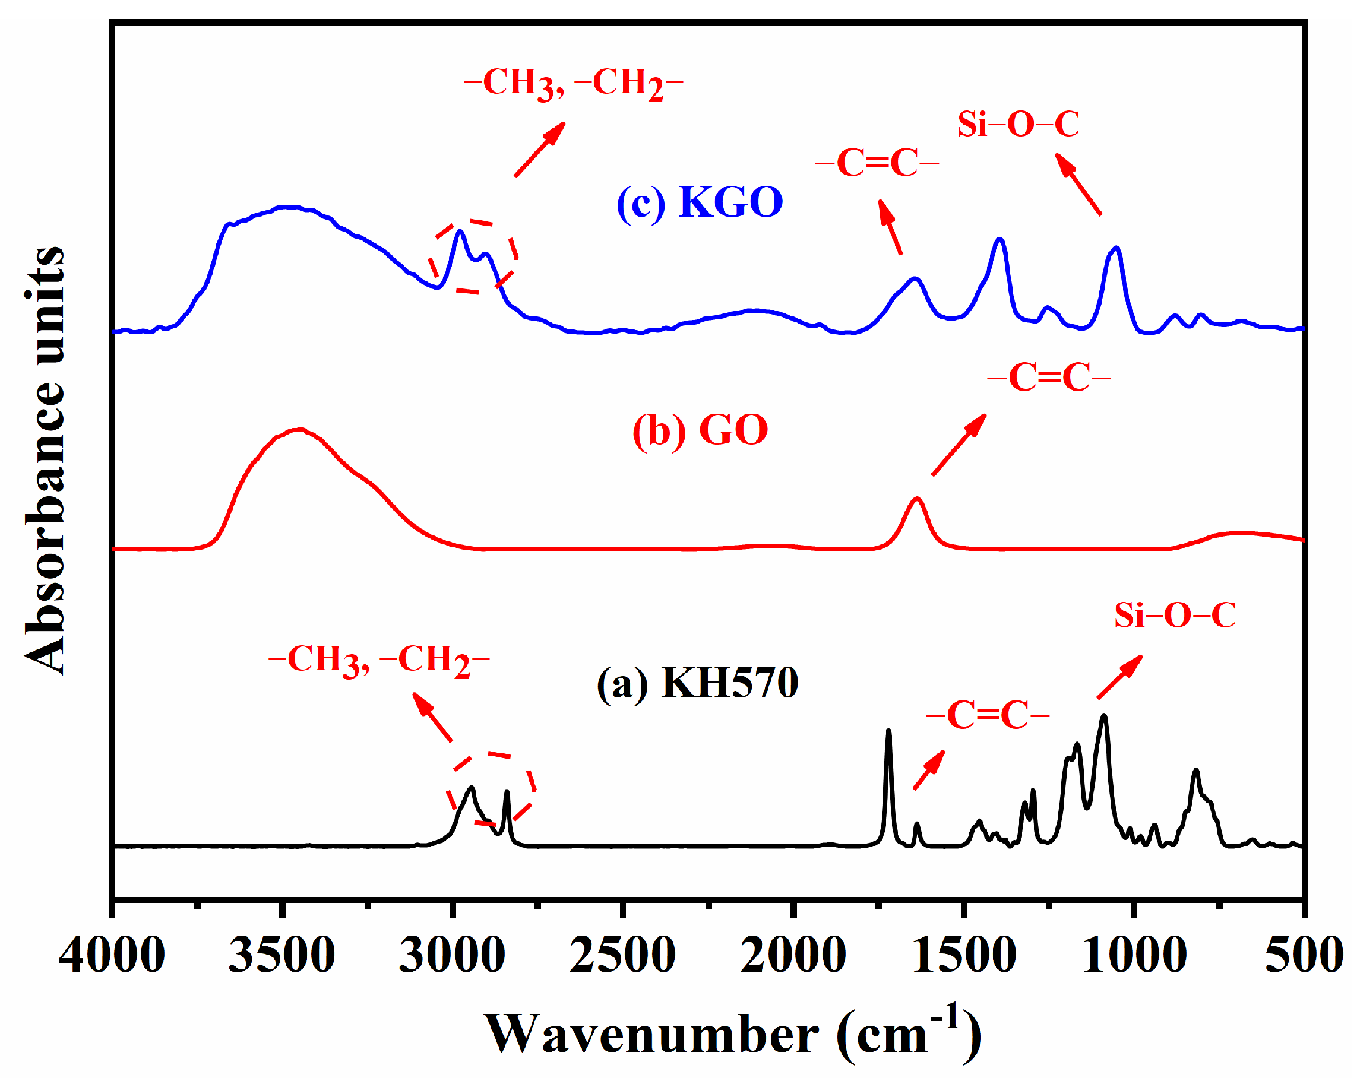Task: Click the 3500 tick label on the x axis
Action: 281,955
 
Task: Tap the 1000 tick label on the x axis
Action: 1134,955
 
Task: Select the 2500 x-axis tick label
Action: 622,955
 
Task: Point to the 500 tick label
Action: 1303,955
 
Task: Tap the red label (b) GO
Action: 700,430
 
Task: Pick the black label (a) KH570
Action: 697,683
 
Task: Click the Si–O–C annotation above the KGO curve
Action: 1018,123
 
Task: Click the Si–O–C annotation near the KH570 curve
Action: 1175,615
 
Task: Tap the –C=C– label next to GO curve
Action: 1049,378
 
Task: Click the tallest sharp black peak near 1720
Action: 888,732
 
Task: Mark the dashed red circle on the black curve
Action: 492,788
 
